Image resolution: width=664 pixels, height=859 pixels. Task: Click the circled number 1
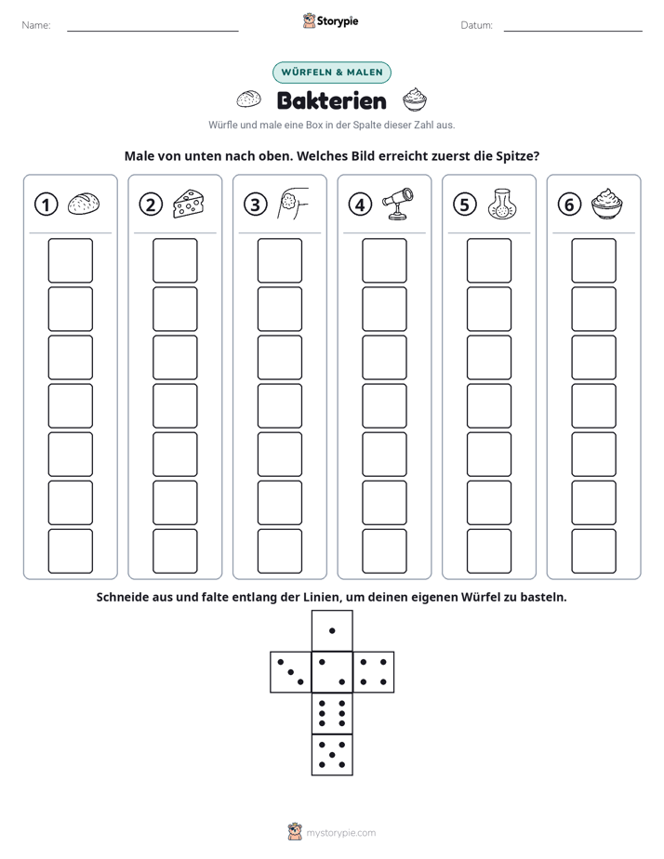click(46, 205)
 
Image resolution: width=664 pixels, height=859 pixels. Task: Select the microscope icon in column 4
click(398, 204)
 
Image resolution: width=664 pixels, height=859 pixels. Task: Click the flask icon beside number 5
click(502, 205)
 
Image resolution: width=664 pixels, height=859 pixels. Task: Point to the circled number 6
click(569, 205)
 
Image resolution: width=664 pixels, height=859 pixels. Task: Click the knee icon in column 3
click(293, 204)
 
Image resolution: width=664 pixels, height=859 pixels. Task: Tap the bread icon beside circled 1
click(84, 204)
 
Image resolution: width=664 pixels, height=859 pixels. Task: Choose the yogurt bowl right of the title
click(415, 99)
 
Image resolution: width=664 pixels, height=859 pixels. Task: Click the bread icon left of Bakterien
click(248, 99)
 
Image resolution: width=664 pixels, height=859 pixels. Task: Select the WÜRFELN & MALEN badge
click(332, 73)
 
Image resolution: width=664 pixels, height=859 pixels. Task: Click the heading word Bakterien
click(332, 100)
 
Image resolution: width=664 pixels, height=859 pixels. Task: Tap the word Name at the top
click(35, 25)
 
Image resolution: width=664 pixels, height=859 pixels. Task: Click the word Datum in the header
click(476, 25)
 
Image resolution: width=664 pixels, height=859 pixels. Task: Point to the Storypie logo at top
click(331, 20)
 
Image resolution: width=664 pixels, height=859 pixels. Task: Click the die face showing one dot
click(332, 631)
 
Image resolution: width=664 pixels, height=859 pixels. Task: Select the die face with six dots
click(332, 713)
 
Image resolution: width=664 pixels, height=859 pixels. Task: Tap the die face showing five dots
click(332, 755)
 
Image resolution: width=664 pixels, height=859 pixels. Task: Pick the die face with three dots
click(291, 672)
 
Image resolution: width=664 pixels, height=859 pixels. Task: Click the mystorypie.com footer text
click(340, 833)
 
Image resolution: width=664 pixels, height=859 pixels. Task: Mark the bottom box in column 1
click(71, 551)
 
